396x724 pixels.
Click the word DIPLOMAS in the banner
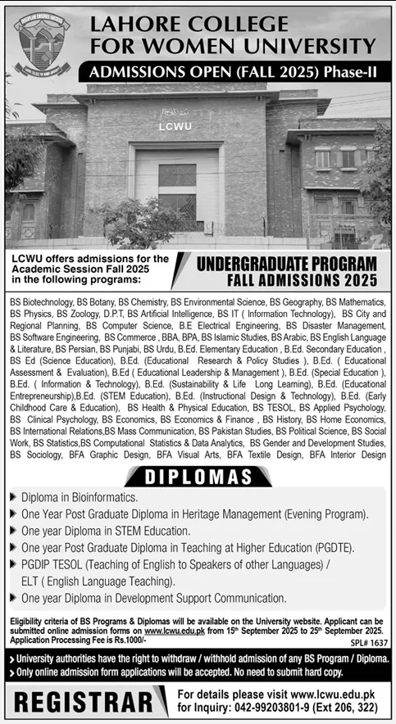pyautogui.click(x=198, y=476)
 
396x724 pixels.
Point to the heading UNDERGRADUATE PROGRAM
pyautogui.click(x=285, y=263)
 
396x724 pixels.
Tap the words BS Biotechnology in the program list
pyautogui.click(x=39, y=302)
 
